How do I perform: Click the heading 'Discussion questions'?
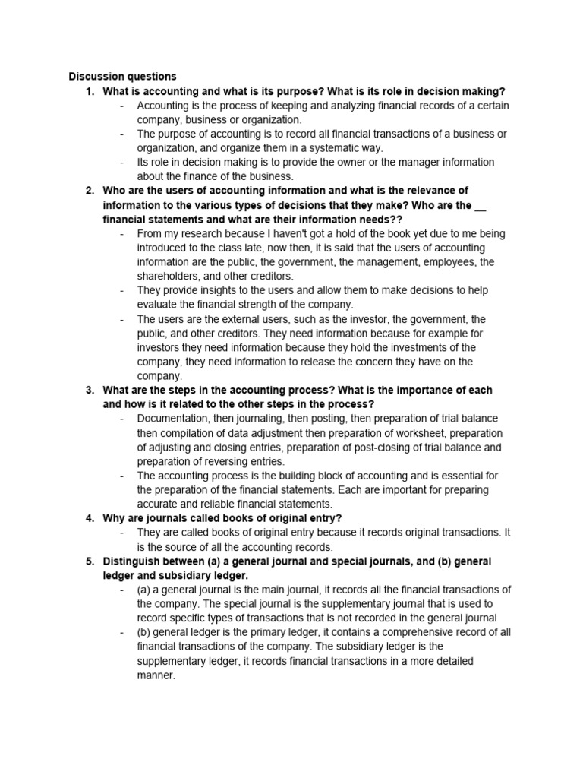122,77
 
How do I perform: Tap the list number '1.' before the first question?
90,91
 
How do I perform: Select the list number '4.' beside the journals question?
90,518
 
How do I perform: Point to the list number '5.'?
90,561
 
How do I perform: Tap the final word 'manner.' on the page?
156,675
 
